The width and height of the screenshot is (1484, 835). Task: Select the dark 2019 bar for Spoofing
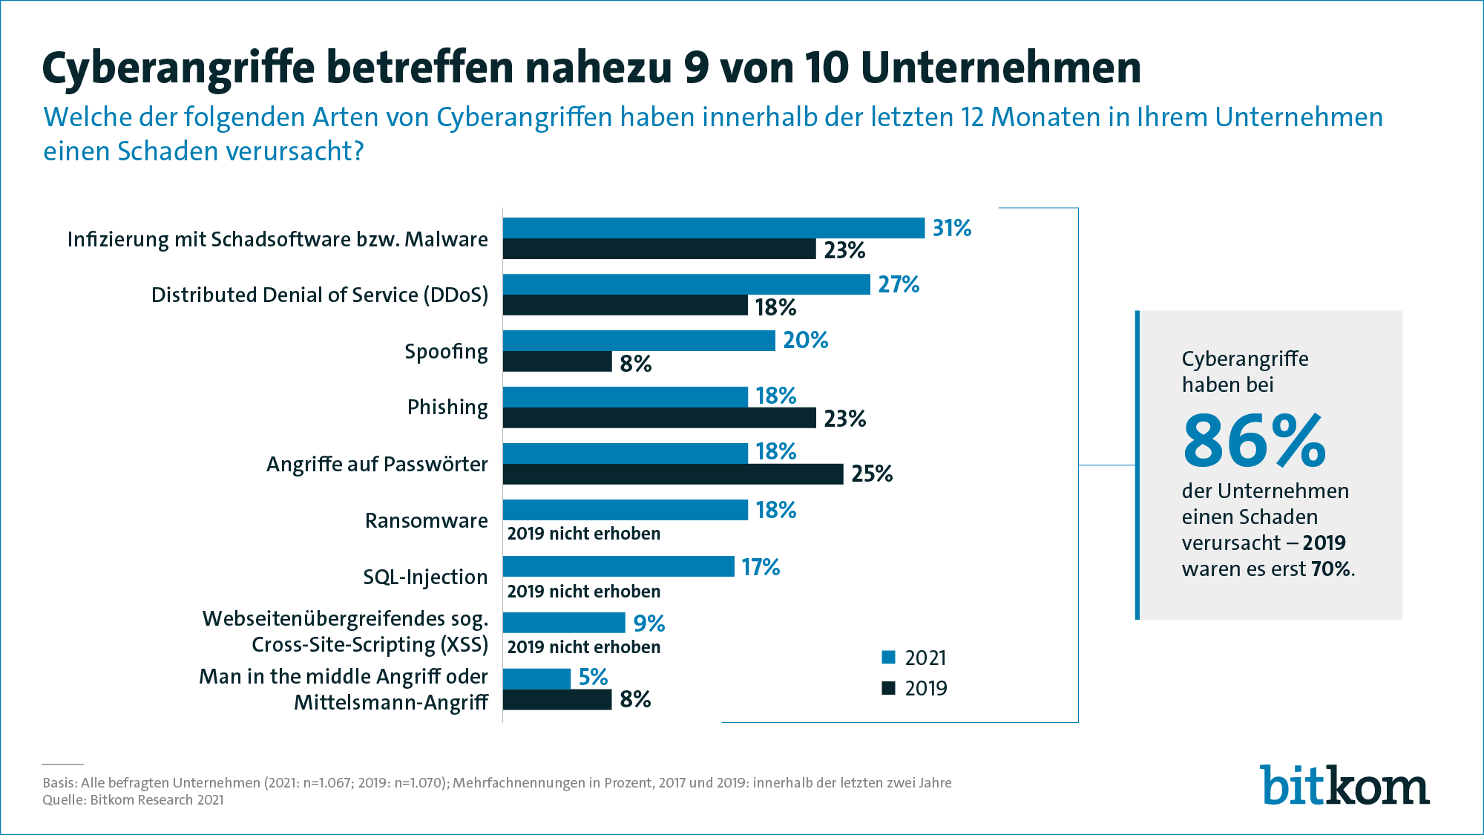click(556, 361)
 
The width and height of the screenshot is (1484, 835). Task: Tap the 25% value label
click(872, 474)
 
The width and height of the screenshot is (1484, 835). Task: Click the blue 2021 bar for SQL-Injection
click(618, 566)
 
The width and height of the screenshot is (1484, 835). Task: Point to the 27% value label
click(899, 284)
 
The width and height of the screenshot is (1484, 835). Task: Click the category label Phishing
click(447, 407)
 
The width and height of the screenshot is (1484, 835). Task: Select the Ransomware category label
click(426, 521)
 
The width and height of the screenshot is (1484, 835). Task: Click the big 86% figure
click(1254, 442)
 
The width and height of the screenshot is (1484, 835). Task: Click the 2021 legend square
click(888, 658)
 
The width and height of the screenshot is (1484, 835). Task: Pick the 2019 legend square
click(888, 688)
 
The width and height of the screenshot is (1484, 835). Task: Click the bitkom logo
click(1345, 785)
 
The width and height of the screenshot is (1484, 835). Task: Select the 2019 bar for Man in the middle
click(556, 700)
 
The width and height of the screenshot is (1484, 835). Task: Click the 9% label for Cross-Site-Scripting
click(649, 623)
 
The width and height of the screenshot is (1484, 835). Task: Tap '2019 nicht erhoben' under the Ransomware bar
click(583, 534)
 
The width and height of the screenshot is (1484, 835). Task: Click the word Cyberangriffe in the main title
click(178, 68)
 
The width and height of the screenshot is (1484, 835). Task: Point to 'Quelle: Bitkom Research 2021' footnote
click(133, 800)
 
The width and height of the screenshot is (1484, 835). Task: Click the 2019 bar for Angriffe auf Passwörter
click(672, 474)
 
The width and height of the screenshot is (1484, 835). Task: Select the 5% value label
click(593, 677)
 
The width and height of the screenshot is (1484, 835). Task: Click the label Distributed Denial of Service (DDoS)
click(320, 295)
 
